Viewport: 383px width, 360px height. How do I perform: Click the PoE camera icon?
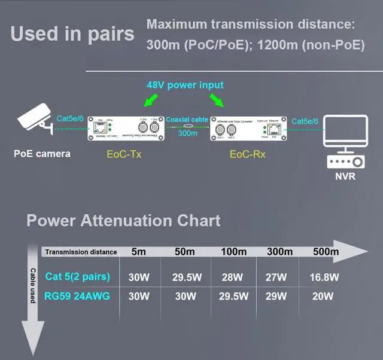click(x=33, y=122)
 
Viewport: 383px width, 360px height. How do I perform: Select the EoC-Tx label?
click(x=123, y=154)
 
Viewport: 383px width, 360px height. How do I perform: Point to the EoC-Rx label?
click(x=247, y=154)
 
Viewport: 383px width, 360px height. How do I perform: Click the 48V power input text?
click(x=185, y=85)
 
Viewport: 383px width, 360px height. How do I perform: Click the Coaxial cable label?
click(x=187, y=120)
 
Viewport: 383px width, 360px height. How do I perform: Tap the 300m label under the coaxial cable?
click(x=187, y=133)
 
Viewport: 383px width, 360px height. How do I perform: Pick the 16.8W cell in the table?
click(x=324, y=277)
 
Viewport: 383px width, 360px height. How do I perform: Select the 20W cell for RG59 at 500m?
click(x=324, y=296)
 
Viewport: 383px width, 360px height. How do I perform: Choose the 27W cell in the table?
click(x=278, y=277)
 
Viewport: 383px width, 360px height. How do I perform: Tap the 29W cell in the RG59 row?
click(x=278, y=296)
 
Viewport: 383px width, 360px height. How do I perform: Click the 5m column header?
click(x=138, y=252)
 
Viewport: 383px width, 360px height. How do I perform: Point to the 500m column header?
click(x=324, y=252)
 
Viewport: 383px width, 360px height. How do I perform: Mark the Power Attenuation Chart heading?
click(x=124, y=221)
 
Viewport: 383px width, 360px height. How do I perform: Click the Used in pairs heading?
click(x=72, y=33)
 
